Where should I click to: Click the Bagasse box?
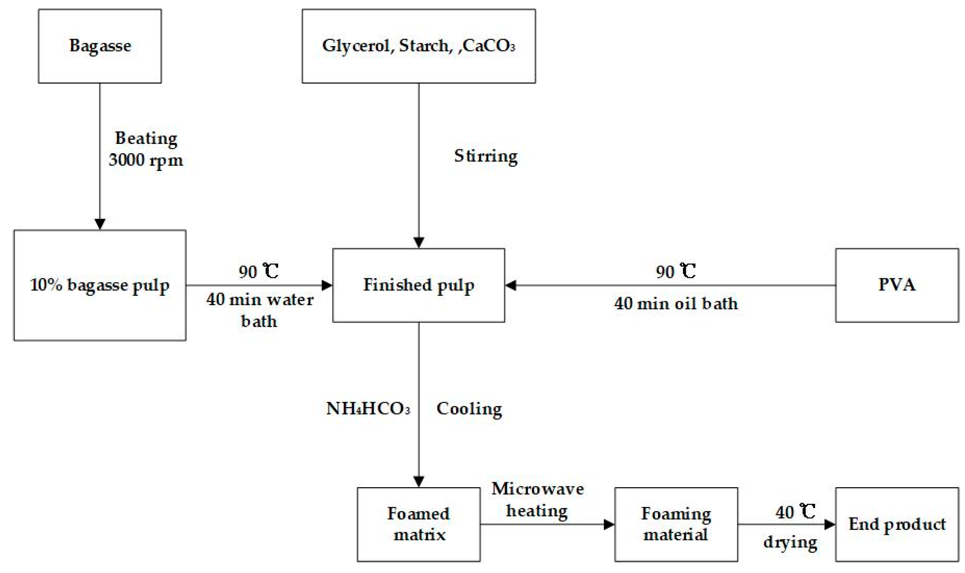[100, 46]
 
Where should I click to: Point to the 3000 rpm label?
[146, 160]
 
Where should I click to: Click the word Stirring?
[486, 156]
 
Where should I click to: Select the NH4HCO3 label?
[368, 409]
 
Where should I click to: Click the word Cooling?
[469, 409]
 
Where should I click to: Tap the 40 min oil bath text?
[676, 304]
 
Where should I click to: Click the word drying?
[790, 542]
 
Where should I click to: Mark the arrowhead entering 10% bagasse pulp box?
[100, 224]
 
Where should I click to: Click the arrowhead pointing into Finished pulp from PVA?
[511, 285]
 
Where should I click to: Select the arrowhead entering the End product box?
[829, 524]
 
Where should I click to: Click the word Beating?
[146, 138]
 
